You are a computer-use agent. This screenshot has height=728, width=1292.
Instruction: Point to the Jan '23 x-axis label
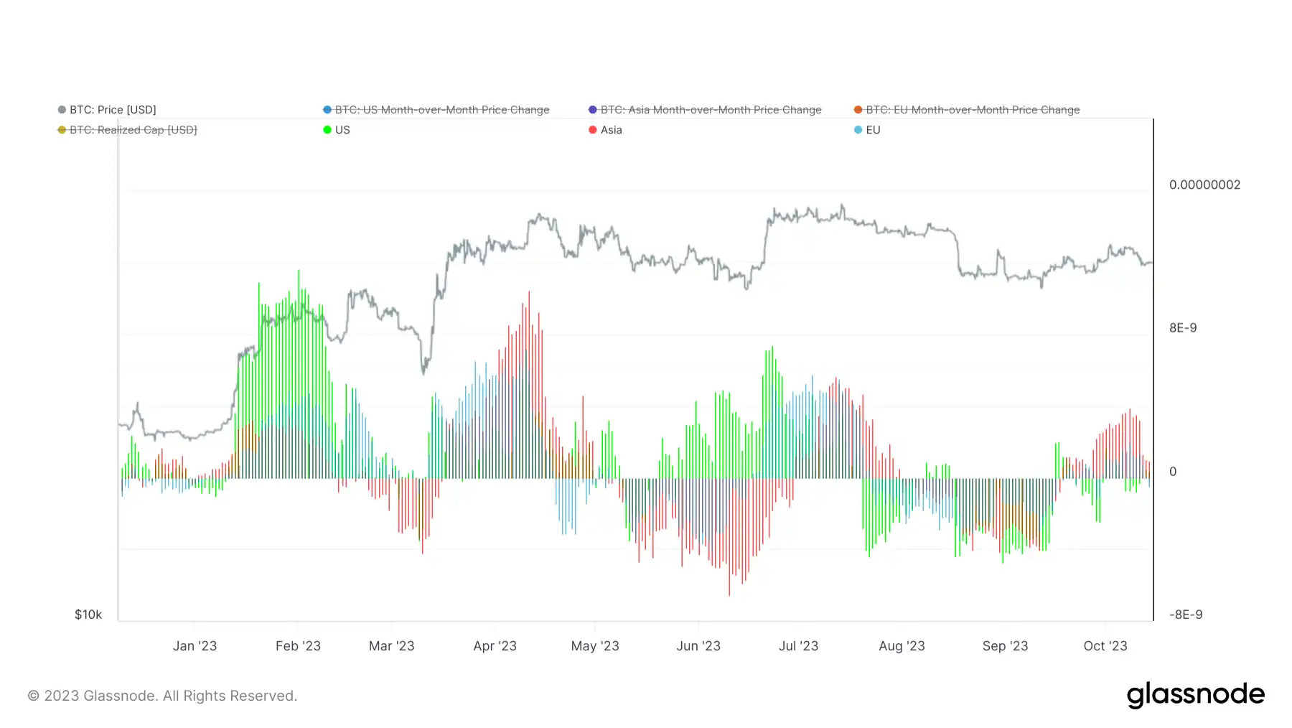click(x=195, y=646)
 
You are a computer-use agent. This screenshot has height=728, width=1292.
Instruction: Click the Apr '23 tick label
click(x=495, y=646)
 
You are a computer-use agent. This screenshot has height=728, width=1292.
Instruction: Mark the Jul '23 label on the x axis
click(x=798, y=646)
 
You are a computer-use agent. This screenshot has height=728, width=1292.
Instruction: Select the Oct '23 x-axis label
click(x=1105, y=646)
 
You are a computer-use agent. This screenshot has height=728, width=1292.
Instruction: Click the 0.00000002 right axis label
click(x=1204, y=185)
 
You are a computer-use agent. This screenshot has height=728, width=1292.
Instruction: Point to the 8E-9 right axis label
click(x=1183, y=328)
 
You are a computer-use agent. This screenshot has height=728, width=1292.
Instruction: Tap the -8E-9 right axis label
click(x=1185, y=615)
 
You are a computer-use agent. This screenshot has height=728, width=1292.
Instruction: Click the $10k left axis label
click(x=88, y=615)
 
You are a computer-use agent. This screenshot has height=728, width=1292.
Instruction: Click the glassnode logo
click(x=1195, y=695)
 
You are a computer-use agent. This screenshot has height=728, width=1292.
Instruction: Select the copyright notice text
click(x=162, y=696)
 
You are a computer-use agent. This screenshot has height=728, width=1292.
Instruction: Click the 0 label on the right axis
click(x=1173, y=472)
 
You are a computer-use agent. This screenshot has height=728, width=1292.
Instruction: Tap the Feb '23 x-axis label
click(x=298, y=646)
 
